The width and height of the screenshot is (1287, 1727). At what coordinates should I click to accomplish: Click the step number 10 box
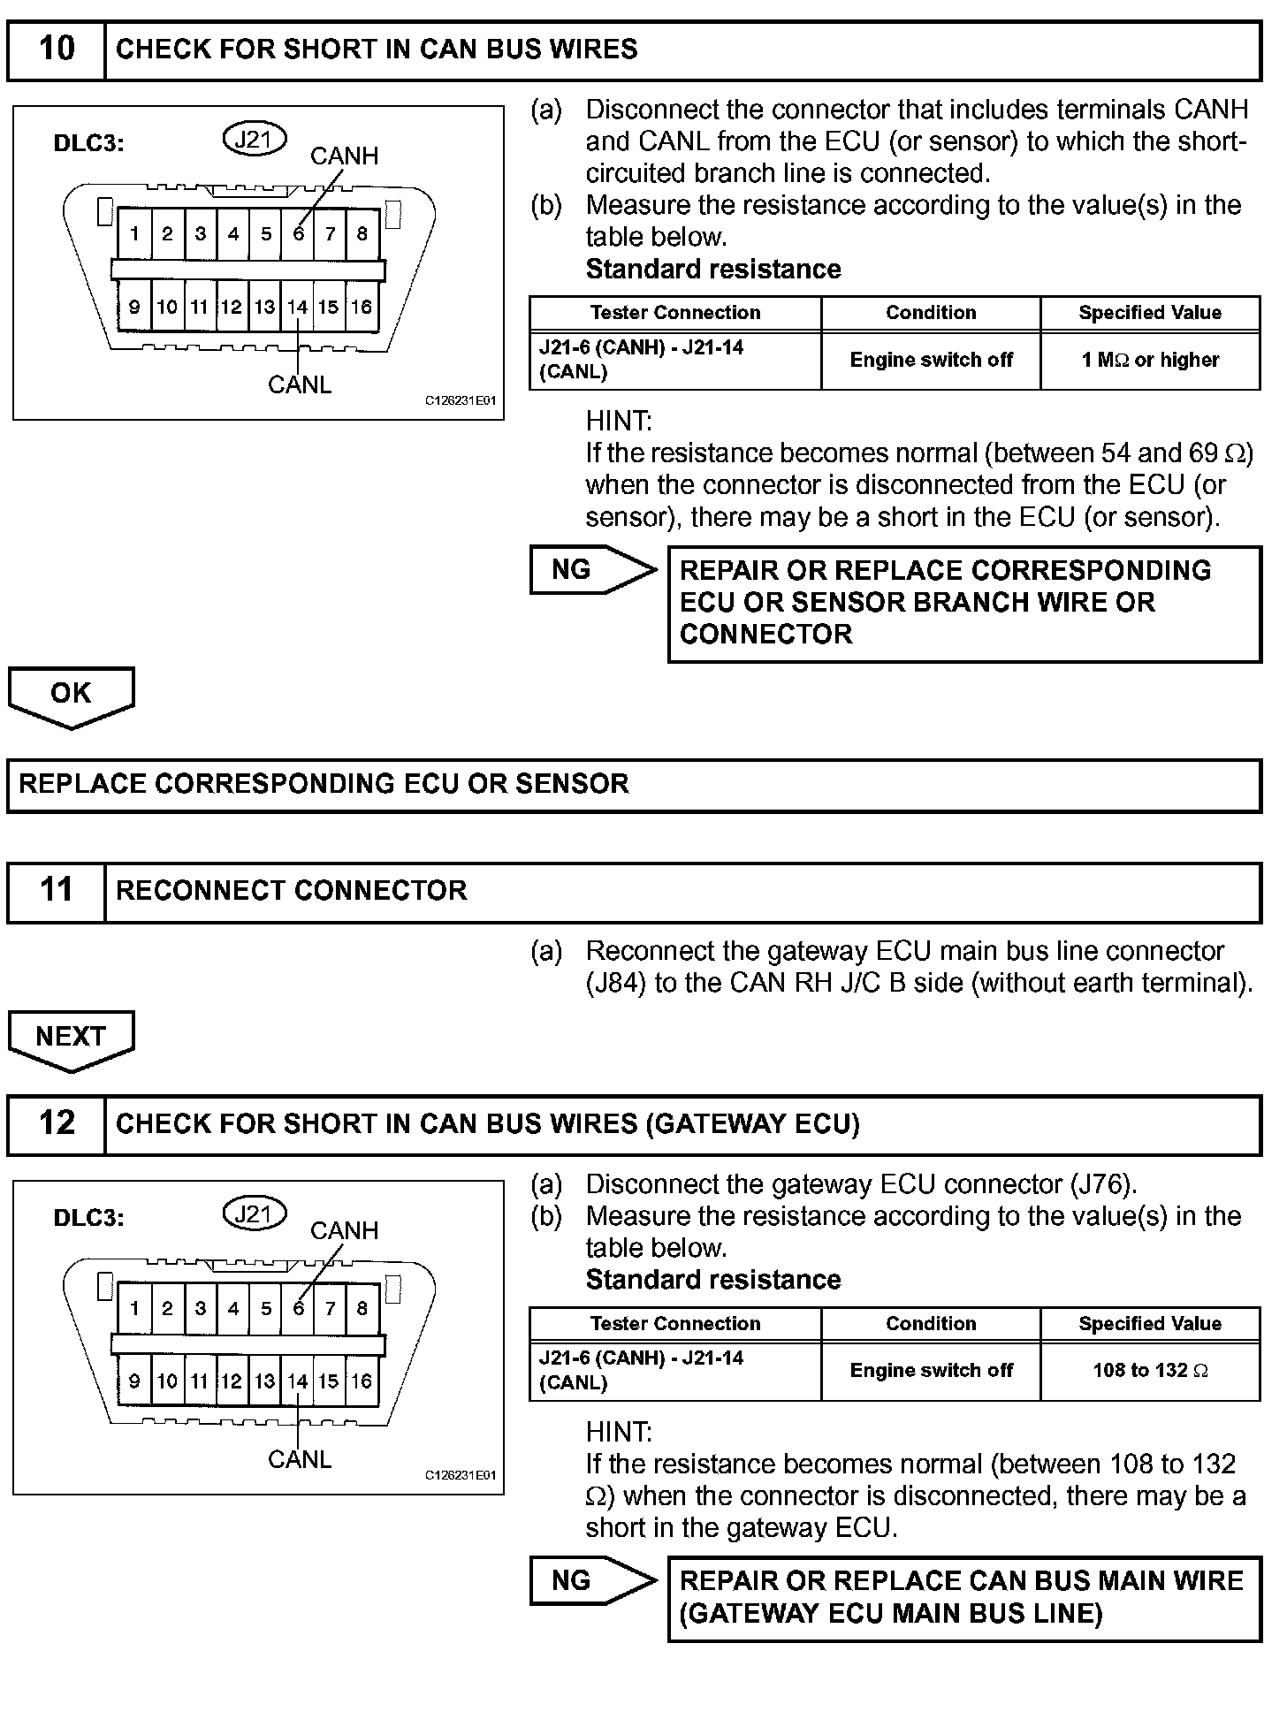57,49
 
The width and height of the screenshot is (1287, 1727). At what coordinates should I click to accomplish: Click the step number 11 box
57,891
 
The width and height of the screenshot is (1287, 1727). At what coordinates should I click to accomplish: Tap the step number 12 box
57,1124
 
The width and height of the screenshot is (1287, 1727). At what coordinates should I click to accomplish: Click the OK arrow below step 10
71,695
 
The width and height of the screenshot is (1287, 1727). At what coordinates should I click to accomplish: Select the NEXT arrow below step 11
71,1038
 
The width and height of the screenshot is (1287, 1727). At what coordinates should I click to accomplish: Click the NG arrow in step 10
590,570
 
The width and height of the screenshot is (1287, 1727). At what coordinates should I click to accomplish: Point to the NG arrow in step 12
590,1581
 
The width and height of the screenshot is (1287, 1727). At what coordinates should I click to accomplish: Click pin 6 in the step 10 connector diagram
298,234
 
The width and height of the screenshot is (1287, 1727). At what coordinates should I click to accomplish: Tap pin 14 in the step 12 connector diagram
297,1381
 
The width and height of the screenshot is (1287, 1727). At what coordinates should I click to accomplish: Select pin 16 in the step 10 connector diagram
362,308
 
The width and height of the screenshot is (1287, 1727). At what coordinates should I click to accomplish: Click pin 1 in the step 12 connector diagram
134,1309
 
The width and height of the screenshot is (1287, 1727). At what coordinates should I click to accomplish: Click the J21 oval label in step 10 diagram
255,139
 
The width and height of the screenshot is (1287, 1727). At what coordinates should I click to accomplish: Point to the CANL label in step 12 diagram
300,1459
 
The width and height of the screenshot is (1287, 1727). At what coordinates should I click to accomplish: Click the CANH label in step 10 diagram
344,156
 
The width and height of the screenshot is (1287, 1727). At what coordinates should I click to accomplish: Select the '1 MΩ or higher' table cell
1150,361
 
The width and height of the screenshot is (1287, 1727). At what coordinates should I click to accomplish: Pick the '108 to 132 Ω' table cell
1150,1371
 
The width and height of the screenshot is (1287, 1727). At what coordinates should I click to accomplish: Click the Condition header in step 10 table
931,313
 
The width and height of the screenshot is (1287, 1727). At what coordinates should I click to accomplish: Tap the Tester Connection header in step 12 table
675,1324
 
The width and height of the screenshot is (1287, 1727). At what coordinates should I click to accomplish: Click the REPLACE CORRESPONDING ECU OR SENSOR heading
324,784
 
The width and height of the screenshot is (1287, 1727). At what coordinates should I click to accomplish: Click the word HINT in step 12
618,1432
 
